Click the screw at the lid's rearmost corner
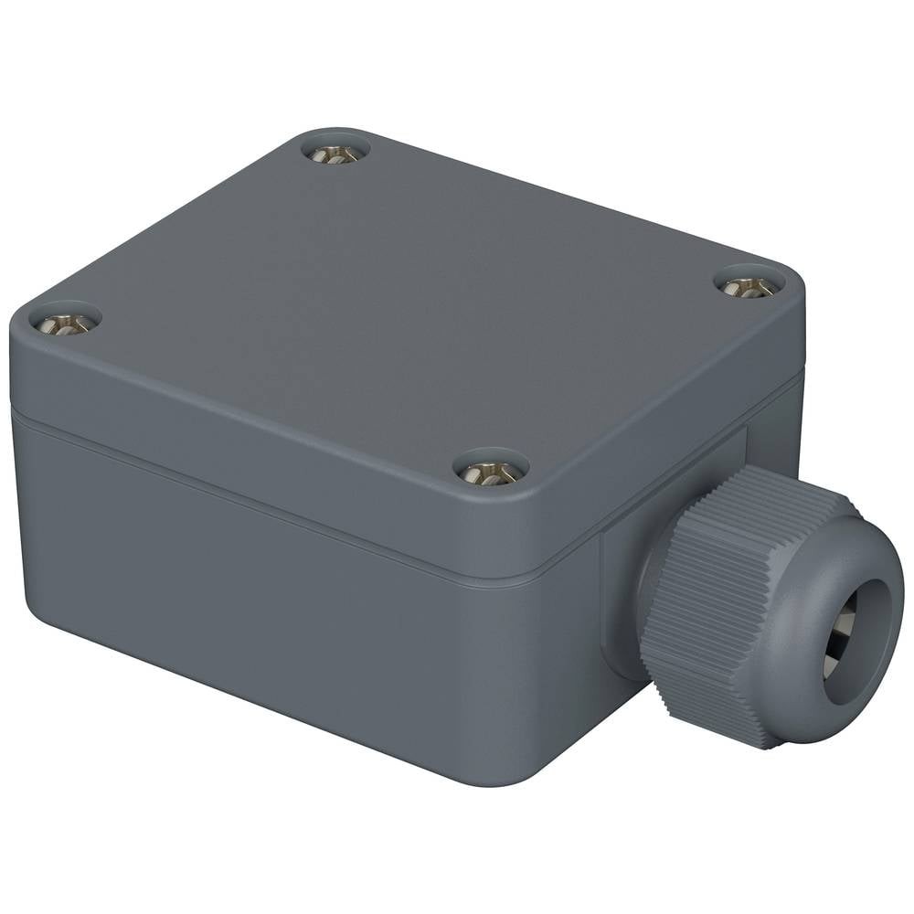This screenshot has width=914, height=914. [x=335, y=154]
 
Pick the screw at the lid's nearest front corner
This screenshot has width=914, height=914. [x=491, y=472]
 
